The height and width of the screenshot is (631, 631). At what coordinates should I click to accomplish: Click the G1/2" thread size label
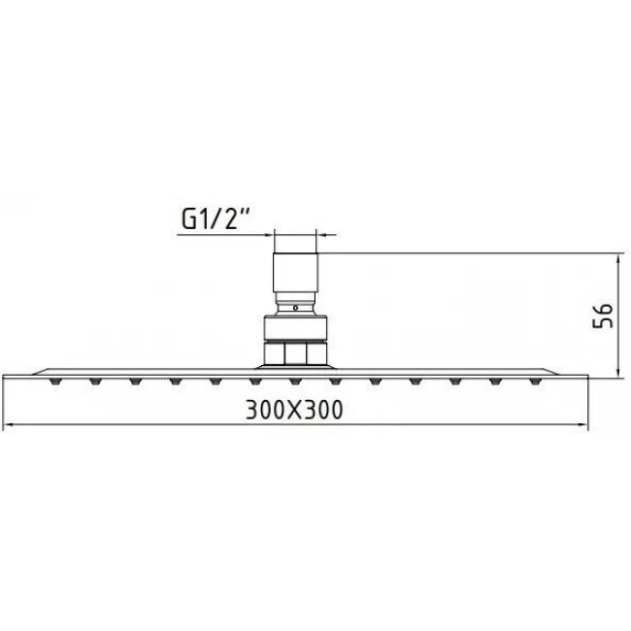click(x=216, y=219)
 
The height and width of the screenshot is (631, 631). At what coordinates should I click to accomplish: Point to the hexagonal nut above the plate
click(x=295, y=351)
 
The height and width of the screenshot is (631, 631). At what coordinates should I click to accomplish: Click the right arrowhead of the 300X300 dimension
click(x=581, y=426)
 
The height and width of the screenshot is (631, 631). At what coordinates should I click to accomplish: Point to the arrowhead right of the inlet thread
click(x=322, y=234)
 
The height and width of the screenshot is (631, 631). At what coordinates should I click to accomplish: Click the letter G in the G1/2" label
click(x=189, y=220)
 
